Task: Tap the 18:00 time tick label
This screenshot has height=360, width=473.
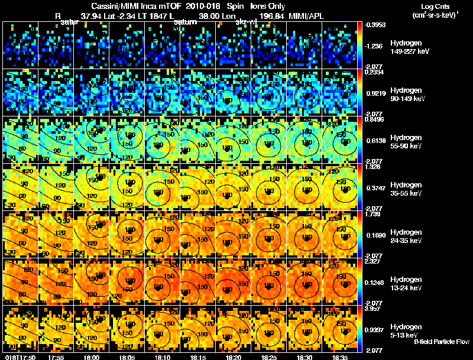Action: coord(92,357)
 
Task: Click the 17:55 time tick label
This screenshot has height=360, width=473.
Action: coord(56,357)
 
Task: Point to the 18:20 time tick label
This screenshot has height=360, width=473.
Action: coord(234,357)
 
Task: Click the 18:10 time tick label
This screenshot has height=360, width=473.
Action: coord(162,357)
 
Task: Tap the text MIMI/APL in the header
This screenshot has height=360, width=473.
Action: coord(306,16)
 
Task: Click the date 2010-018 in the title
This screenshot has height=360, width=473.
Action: coord(203,6)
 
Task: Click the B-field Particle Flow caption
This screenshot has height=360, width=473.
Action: coord(441,342)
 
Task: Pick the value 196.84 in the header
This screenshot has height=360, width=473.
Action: coord(271,16)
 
